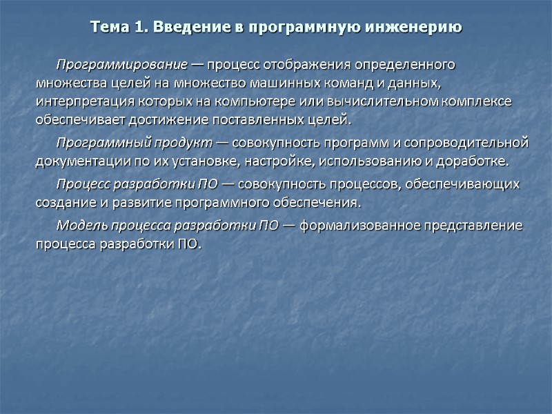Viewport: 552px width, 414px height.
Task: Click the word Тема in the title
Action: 109,28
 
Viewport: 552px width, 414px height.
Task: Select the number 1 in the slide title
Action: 141,28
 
